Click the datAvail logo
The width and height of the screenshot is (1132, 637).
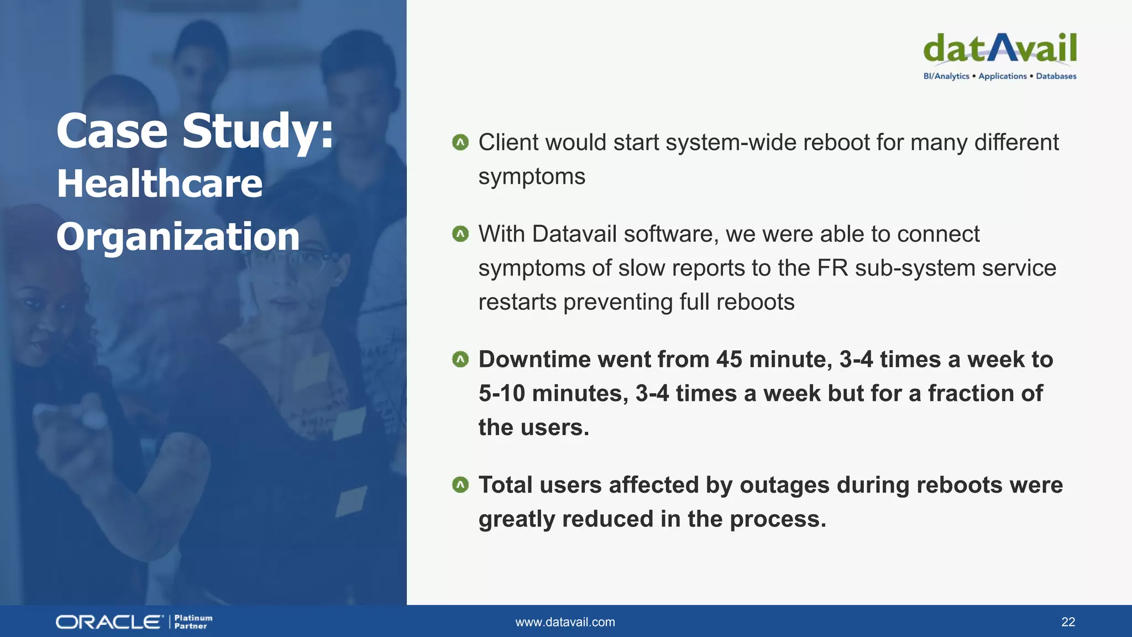999,49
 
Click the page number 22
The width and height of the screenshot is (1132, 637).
1068,622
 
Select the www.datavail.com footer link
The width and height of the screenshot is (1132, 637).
565,622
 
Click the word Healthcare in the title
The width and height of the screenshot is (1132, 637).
160,184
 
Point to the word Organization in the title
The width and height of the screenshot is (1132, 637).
177,237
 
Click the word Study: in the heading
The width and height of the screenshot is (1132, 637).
258,131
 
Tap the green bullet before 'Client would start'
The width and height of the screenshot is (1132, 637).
460,143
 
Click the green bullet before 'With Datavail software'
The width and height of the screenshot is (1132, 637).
460,234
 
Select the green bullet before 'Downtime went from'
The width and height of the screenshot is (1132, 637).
460,359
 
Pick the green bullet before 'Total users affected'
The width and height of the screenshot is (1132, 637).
460,485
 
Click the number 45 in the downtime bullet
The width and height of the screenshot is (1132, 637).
729,359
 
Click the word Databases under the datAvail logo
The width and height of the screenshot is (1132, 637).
1056,76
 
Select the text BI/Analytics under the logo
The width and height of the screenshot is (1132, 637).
946,76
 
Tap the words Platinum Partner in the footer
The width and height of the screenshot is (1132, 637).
193,622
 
